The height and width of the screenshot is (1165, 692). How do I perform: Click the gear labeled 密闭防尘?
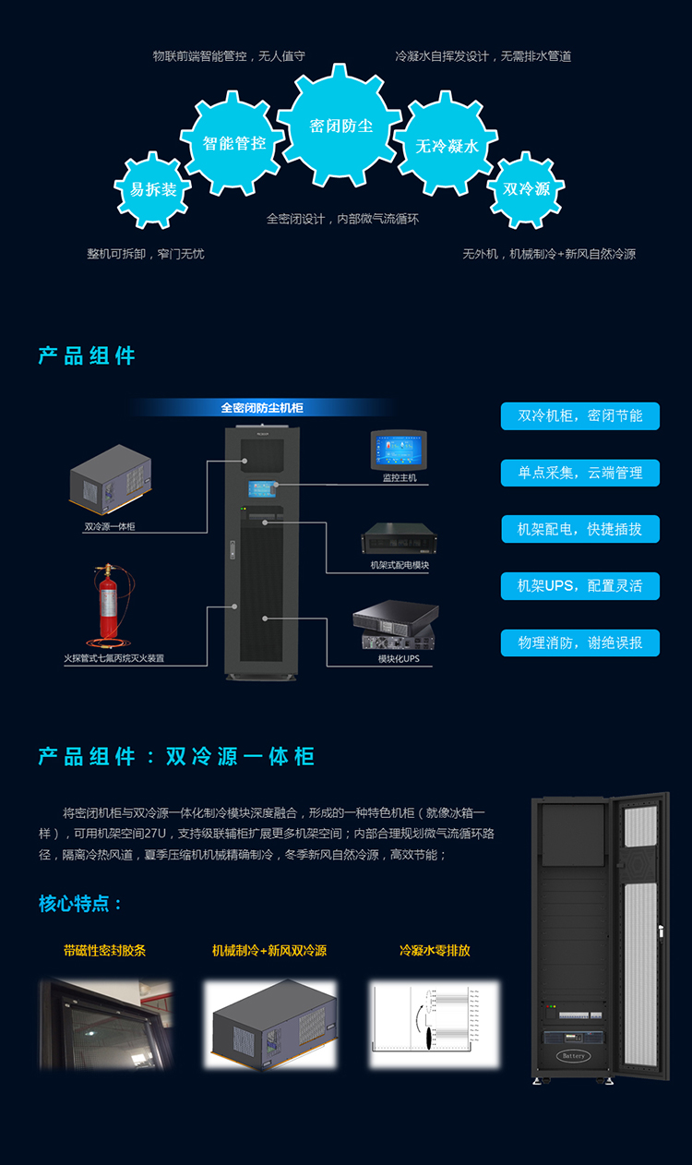click(340, 126)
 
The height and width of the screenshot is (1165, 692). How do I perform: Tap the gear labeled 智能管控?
click(234, 143)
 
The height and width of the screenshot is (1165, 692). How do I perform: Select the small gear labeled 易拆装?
click(153, 189)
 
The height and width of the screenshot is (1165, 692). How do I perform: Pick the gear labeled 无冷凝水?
click(447, 146)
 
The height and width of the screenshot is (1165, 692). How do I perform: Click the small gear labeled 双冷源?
click(526, 189)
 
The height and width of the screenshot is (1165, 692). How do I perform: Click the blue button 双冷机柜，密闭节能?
click(580, 415)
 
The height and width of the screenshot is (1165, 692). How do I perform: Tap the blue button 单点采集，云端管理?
click(580, 473)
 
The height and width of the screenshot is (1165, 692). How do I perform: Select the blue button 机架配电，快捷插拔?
click(580, 529)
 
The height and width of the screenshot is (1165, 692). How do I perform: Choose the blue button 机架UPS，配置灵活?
click(580, 585)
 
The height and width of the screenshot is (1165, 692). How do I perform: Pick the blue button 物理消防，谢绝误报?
click(580, 643)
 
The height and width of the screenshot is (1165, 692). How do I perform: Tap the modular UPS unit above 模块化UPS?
click(396, 628)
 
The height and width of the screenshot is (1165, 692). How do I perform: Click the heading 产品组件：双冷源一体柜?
click(176, 757)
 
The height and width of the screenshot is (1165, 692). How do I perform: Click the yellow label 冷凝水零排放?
click(435, 950)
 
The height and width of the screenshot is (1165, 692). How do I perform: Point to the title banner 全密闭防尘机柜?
click(262, 407)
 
